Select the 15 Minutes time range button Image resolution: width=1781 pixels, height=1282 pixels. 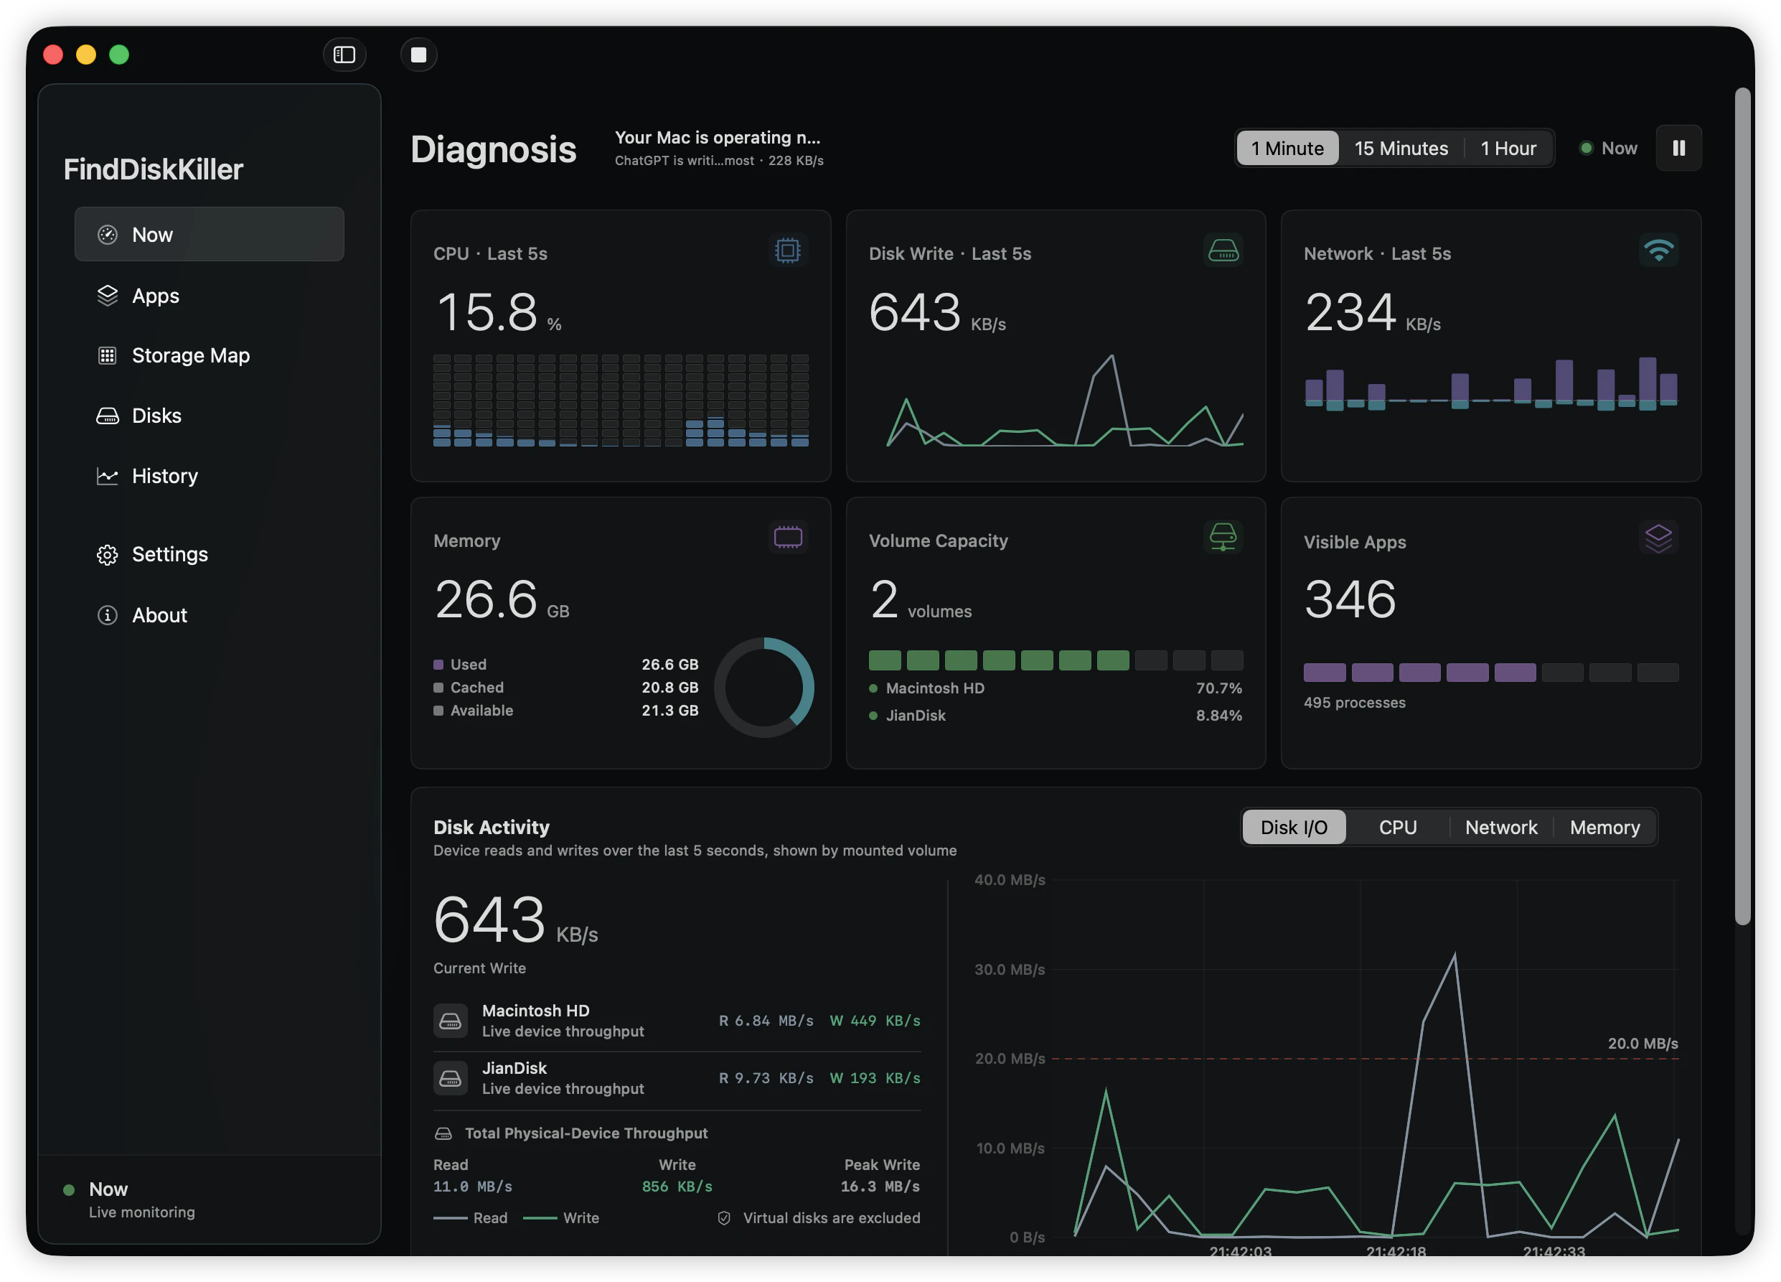pyautogui.click(x=1401, y=149)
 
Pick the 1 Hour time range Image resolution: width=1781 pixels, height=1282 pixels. pyautogui.click(x=1508, y=149)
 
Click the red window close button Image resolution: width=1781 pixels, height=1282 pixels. pyautogui.click(x=53, y=55)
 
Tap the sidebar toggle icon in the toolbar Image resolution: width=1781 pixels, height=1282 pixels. pyautogui.click(x=344, y=55)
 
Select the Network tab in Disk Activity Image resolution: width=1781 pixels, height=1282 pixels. pyautogui.click(x=1500, y=827)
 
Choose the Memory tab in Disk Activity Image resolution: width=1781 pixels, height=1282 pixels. pyautogui.click(x=1604, y=827)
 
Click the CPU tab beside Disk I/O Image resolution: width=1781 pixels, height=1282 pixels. pyautogui.click(x=1398, y=827)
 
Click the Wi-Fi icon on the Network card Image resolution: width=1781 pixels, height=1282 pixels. pyautogui.click(x=1658, y=251)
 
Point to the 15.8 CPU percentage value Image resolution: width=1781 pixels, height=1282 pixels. pyautogui.click(x=487, y=312)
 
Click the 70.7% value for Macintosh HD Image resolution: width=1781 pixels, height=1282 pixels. pyautogui.click(x=1218, y=688)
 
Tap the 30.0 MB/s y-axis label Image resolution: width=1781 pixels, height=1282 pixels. pyautogui.click(x=1009, y=969)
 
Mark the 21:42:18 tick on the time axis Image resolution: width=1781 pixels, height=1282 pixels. pyautogui.click(x=1396, y=1250)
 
